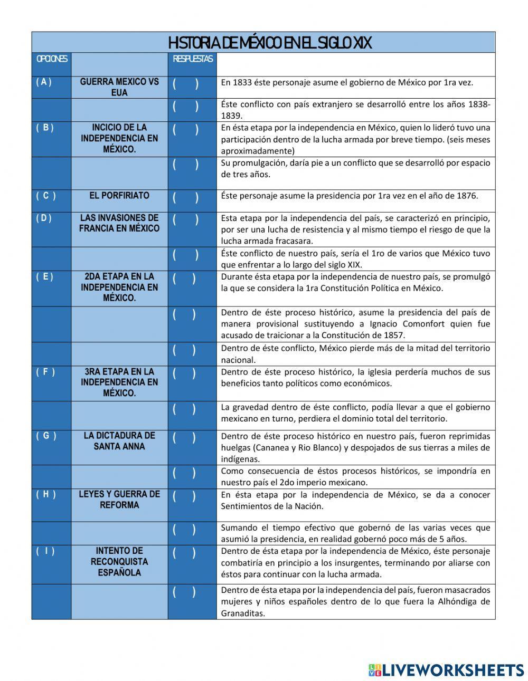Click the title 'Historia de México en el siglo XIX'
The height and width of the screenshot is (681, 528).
tap(269, 43)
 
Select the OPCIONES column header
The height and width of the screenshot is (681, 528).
tap(51, 59)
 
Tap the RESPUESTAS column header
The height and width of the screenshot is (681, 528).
tap(193, 59)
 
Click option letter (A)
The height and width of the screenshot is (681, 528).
tap(44, 82)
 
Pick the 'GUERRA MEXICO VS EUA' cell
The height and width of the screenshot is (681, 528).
tap(119, 87)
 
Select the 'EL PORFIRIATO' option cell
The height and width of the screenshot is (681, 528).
tap(119, 196)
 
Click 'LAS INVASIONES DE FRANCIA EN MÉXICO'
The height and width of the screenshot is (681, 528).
tap(119, 223)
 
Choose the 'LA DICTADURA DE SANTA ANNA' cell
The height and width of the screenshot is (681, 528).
tap(119, 441)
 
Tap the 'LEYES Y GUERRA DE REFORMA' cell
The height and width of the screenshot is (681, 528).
tap(119, 500)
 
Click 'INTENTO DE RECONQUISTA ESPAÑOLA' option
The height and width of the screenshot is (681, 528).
tap(119, 561)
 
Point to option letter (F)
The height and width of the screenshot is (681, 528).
tap(45, 372)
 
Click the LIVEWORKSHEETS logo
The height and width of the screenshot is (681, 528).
tap(446, 670)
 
